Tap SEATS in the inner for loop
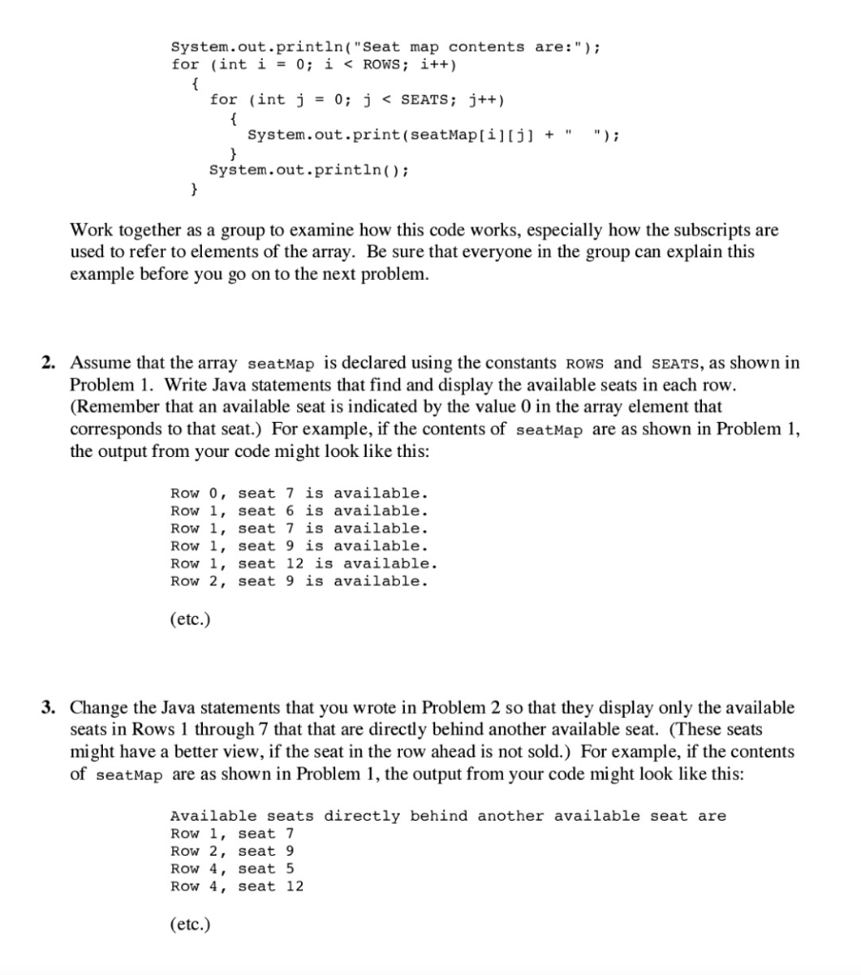click(x=428, y=100)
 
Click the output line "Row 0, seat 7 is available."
click(x=299, y=493)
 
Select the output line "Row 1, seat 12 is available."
click(x=304, y=564)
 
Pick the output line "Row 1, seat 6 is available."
click(x=299, y=511)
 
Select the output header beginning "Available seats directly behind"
click(x=448, y=816)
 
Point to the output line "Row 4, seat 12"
click(x=237, y=886)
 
